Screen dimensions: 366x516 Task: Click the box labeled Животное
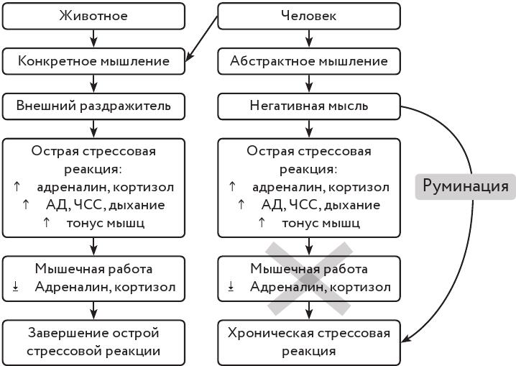(93, 15)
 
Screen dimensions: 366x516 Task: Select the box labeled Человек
(308, 15)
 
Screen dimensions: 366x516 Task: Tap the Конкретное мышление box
(93, 61)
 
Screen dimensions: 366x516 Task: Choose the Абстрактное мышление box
(308, 61)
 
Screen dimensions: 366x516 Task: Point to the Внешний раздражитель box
(93, 106)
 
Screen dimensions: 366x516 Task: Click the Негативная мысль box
(308, 106)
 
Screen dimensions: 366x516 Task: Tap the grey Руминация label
(465, 187)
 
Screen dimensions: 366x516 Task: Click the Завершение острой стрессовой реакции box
(93, 342)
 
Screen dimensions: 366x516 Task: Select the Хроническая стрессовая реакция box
(308, 342)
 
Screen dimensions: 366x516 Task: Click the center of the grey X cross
(310, 279)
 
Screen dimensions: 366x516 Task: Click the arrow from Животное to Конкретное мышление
(93, 39)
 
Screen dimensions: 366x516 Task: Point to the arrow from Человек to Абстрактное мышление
(309, 39)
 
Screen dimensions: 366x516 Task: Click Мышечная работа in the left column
(93, 270)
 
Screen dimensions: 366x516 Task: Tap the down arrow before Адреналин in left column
(15, 288)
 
